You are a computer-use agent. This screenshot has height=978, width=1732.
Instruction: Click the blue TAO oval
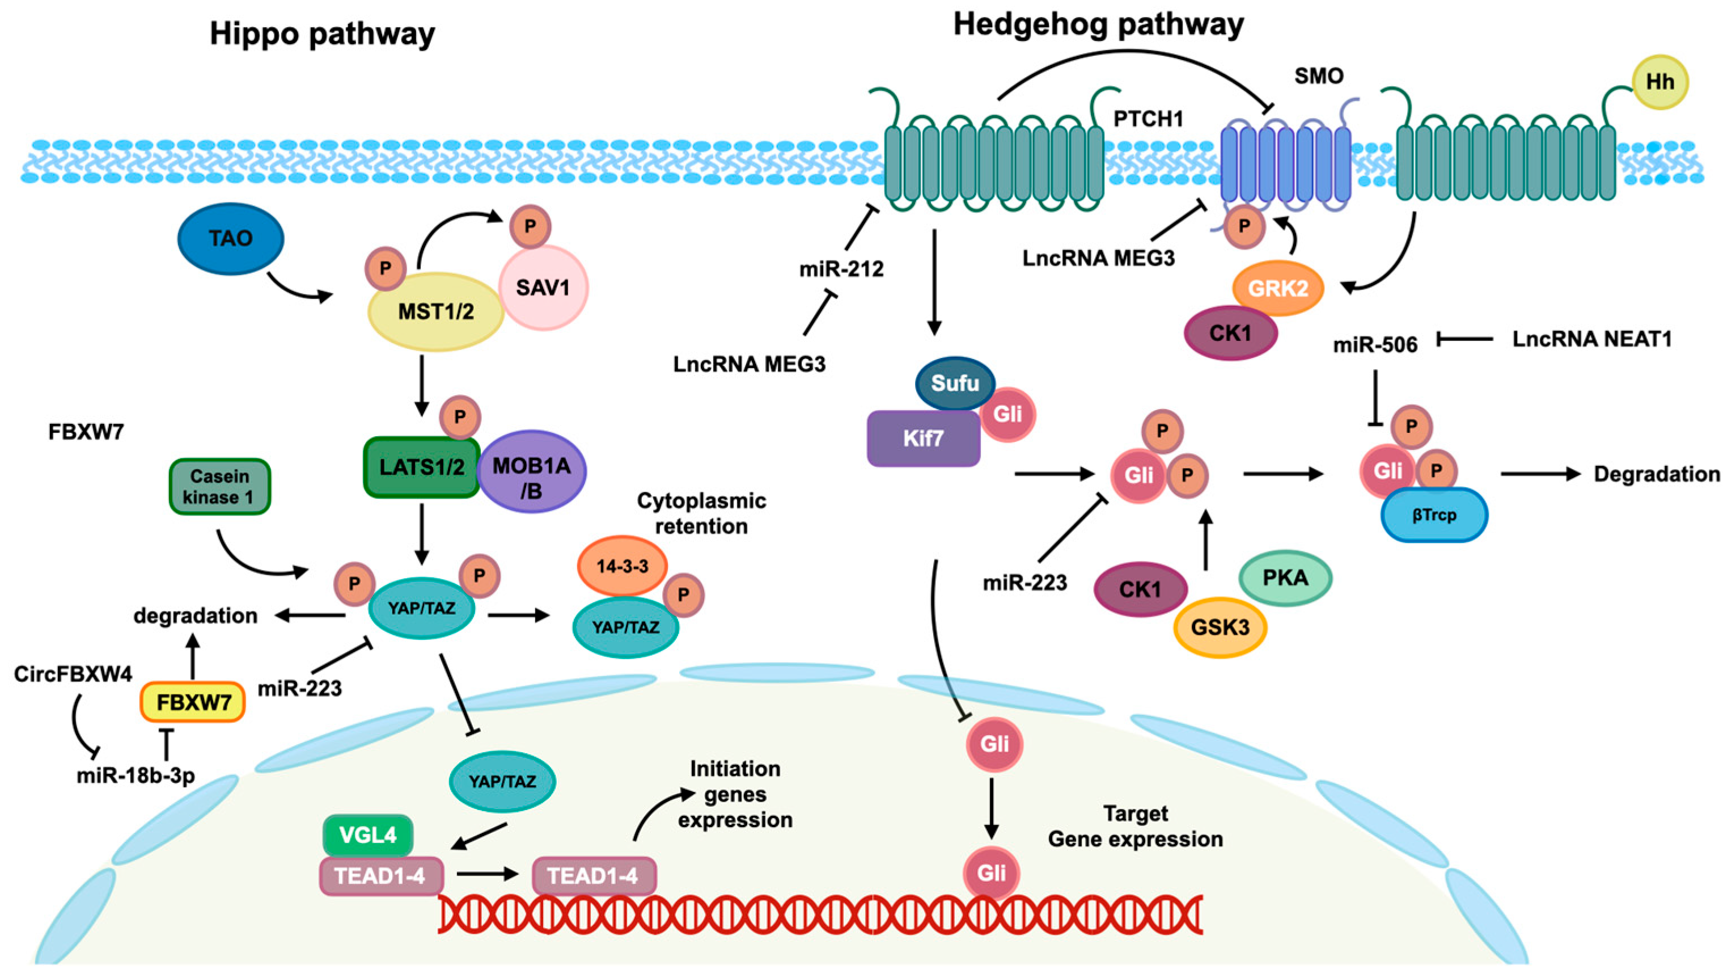point(231,239)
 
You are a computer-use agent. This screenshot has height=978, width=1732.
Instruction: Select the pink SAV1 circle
point(543,288)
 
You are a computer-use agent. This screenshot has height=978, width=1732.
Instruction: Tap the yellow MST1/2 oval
point(435,311)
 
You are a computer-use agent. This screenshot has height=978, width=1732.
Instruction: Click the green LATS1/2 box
point(422,467)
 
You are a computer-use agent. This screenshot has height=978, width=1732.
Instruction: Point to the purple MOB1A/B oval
point(531,471)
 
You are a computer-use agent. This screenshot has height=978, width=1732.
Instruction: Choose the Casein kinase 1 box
point(220,486)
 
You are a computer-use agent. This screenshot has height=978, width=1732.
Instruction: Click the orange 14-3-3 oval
point(622,566)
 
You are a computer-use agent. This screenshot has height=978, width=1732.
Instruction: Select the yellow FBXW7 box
point(193,703)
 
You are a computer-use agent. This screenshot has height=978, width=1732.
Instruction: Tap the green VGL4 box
point(368,836)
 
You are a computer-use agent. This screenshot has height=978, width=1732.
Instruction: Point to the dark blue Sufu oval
point(955,383)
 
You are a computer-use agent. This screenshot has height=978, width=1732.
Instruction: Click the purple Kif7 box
point(923,439)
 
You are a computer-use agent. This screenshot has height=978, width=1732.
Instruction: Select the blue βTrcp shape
point(1434,515)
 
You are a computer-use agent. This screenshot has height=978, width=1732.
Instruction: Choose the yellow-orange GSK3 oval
point(1219,627)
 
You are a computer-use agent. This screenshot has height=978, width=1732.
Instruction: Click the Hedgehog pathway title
point(1099,25)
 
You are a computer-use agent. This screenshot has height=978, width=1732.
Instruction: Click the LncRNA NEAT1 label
point(1591,340)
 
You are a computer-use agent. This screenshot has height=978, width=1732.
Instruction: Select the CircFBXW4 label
point(73,674)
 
